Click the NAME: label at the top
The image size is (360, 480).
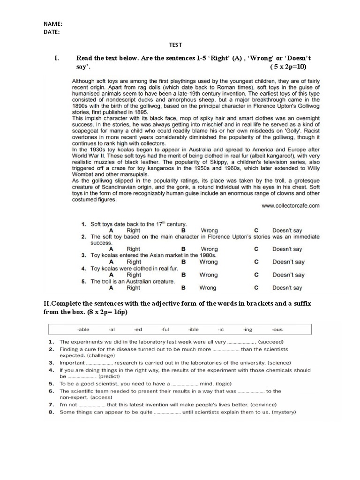53,24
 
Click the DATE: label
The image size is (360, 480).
52,32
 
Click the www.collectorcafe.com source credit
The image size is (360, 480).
290,205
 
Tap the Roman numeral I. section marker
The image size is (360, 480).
57,58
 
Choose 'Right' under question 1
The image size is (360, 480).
133,231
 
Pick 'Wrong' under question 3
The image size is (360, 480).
209,262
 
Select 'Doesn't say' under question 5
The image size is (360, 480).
287,288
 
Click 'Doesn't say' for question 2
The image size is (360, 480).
287,249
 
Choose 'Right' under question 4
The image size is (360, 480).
133,275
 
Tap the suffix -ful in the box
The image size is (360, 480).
166,330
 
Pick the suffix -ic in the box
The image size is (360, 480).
221,330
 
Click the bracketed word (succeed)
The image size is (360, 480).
274,342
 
